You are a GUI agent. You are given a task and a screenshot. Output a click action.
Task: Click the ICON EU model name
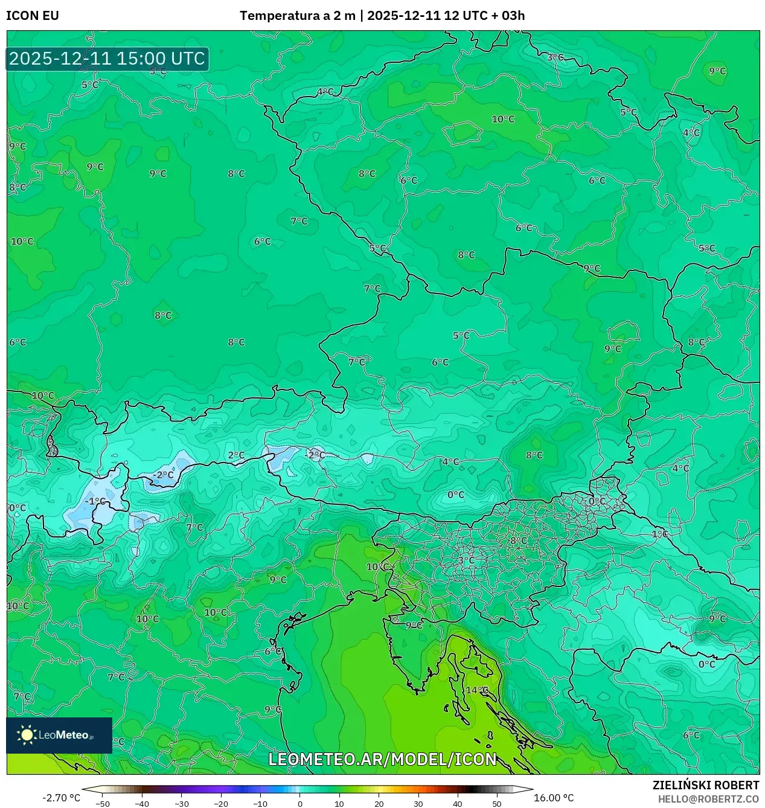coord(33,16)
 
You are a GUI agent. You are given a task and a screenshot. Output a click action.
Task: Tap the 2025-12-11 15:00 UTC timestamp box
coord(107,59)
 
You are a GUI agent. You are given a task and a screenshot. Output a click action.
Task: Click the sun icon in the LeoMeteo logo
coord(27,734)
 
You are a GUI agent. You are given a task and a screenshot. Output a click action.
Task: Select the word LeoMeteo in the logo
coord(64,735)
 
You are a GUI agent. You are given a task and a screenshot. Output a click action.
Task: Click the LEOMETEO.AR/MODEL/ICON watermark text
coord(383,759)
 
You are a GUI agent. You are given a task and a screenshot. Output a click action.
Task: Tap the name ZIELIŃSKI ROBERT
coord(705,785)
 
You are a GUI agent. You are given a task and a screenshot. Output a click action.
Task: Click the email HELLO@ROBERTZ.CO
coord(708,799)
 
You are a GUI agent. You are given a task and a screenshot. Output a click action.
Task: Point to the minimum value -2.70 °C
coord(61,798)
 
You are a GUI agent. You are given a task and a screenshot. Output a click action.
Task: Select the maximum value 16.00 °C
coord(554,798)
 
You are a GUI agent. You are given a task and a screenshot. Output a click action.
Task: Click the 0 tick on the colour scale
coord(300,804)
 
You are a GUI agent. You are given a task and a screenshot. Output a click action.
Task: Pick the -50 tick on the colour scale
coord(103,804)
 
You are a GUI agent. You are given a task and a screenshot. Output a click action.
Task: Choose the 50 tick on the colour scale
coord(497,804)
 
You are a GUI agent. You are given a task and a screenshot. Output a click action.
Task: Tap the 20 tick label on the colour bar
coord(379,804)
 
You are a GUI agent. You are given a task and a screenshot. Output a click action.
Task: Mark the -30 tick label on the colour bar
coord(182,804)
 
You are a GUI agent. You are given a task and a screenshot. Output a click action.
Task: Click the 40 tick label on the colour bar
coord(458,804)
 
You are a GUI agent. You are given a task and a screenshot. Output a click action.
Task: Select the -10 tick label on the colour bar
coord(260,804)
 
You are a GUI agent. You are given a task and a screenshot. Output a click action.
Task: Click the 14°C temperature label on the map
coord(476,690)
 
